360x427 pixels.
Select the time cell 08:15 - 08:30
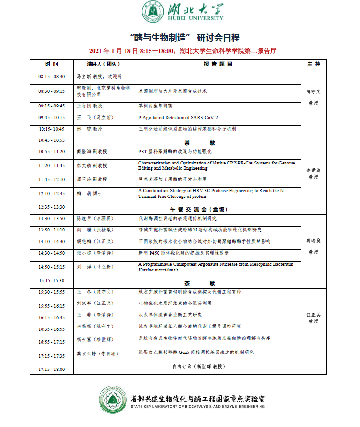pyautogui.click(x=51, y=76)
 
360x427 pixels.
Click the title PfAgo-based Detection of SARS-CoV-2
pyautogui.click(x=178, y=117)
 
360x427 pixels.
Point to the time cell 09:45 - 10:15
pyautogui.click(x=51, y=117)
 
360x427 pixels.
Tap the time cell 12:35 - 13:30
pyautogui.click(x=51, y=207)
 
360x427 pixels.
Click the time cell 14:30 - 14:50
pyautogui.click(x=51, y=253)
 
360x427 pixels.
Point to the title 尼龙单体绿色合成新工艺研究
pyautogui.click(x=170, y=315)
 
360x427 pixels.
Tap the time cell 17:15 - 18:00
pyautogui.click(x=51, y=369)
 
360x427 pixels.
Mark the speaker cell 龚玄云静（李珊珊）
pyautogui.click(x=97, y=353)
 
